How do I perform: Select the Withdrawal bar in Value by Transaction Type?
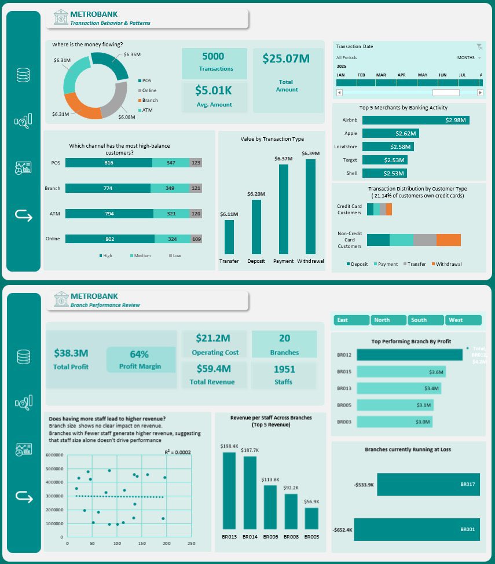[310, 206]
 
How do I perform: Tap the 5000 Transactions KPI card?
[214, 63]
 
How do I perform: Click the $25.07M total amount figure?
[286, 58]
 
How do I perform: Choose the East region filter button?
[351, 320]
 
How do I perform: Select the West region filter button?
[463, 320]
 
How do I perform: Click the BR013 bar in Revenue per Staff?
[229, 489]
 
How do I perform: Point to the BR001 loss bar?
[417, 529]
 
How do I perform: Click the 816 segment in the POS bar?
[108, 163]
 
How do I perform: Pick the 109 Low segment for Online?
[196, 239]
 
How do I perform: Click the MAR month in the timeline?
[381, 75]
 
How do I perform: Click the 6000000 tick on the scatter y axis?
[53, 455]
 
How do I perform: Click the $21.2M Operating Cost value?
[214, 338]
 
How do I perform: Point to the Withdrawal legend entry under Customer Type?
[448, 264]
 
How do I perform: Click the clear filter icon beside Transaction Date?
[479, 46]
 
